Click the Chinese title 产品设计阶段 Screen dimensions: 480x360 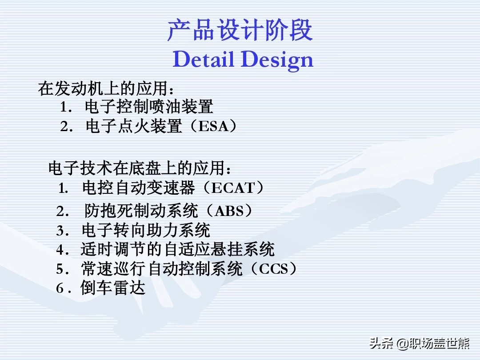pos(240,30)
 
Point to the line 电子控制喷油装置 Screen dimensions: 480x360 pos(149,107)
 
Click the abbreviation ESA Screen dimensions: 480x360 pos(213,126)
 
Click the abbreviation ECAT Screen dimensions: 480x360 pos(233,188)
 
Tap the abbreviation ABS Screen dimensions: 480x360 pos(229,211)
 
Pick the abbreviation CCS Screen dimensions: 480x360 pos(274,269)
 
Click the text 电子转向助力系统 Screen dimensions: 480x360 pos(146,231)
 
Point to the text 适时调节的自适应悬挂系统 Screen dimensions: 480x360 pos(177,249)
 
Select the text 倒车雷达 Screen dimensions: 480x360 pos(112,288)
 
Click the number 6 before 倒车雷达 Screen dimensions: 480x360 pos(60,288)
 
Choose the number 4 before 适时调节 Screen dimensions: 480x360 pos(60,250)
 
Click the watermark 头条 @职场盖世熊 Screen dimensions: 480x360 pos(420,344)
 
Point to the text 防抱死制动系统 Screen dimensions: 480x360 pos(141,211)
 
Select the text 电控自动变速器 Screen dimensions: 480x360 pos(139,188)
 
